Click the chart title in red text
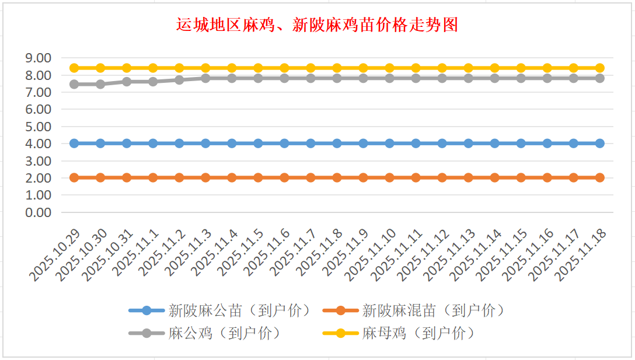(x=317, y=25)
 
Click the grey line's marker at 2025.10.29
(x=74, y=84)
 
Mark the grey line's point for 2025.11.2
(x=179, y=80)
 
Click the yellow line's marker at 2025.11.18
(x=599, y=68)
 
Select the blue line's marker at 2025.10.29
(x=74, y=143)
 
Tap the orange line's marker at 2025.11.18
(x=599, y=177)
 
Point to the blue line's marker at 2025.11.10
(x=389, y=143)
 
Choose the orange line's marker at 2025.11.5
(x=258, y=177)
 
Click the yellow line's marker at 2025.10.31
(x=127, y=68)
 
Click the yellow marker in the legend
(x=340, y=333)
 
